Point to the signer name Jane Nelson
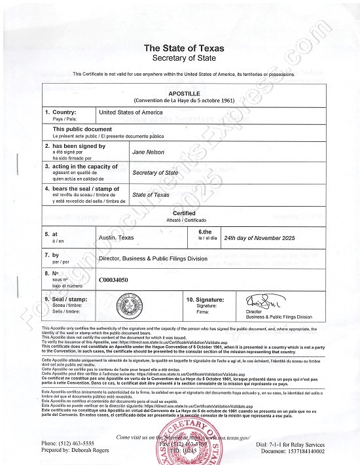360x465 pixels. [x=148, y=151]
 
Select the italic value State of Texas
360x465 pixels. [x=151, y=195]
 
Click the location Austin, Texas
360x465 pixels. [x=117, y=239]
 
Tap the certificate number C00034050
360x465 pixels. [x=115, y=279]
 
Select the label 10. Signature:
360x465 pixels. [x=207, y=298]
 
